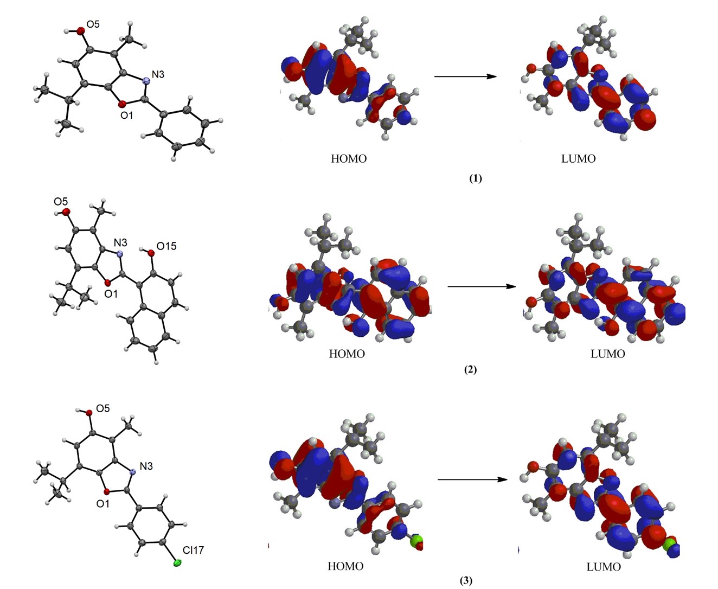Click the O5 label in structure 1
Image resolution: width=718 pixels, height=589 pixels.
[x=92, y=24]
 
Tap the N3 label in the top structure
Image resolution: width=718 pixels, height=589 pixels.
[x=158, y=74]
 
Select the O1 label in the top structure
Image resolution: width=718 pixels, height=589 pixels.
[x=126, y=115]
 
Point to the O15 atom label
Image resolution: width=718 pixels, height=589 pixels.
[x=166, y=247]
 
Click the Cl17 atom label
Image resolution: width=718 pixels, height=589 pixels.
[x=193, y=550]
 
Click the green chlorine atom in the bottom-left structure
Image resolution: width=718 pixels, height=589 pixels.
[x=177, y=564]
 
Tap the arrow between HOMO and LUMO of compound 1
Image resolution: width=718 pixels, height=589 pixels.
[x=465, y=76]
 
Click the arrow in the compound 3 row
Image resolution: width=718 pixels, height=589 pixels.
[x=473, y=479]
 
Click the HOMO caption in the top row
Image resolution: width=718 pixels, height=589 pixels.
[x=349, y=159]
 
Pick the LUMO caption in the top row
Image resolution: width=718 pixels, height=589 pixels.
[x=579, y=159]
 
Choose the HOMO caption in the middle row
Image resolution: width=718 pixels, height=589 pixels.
[x=347, y=354]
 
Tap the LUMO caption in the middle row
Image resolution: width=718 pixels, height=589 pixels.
[x=608, y=354]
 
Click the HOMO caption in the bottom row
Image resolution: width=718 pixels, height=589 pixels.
[x=345, y=566]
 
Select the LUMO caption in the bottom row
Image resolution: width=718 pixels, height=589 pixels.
[x=604, y=567]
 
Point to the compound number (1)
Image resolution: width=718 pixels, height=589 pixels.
[x=475, y=178]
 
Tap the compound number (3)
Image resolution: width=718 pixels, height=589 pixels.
[x=466, y=580]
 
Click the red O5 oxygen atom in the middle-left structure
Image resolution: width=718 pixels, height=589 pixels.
[x=66, y=212]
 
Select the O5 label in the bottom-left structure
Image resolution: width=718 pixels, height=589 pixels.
[x=102, y=408]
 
